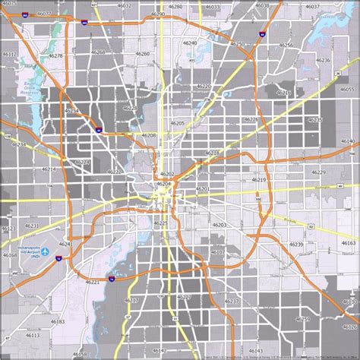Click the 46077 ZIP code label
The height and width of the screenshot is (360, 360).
tap(45, 14)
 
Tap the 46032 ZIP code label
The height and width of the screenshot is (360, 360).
tap(124, 6)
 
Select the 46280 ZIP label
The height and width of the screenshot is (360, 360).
tap(175, 6)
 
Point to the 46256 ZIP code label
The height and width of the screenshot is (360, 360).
tap(286, 46)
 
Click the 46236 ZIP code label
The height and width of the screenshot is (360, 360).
tap(323, 60)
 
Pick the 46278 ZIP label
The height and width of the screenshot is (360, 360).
tap(55, 55)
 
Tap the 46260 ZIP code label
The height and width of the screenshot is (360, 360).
tap(144, 54)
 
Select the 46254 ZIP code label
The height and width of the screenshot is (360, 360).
tap(72, 111)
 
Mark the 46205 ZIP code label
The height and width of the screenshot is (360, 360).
tap(177, 122)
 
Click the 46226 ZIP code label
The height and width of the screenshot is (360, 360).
tap(251, 119)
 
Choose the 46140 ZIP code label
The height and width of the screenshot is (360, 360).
tap(347, 141)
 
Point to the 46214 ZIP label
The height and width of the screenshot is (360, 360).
tap(49, 169)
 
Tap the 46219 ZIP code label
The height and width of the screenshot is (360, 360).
tap(258, 179)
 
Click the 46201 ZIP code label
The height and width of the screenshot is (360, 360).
tap(202, 188)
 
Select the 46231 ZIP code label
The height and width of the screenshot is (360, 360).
tap(32, 226)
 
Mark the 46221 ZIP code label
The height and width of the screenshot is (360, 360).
tap(93, 282)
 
